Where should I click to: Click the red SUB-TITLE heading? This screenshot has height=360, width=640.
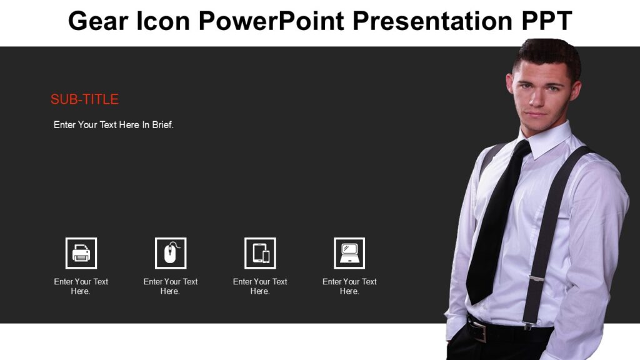[x=84, y=99]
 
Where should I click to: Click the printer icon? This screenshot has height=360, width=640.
[x=81, y=253]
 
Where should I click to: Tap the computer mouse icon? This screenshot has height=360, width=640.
[x=171, y=253]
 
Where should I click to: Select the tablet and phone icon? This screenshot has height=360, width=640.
[x=260, y=253]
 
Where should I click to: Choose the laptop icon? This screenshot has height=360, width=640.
[x=349, y=253]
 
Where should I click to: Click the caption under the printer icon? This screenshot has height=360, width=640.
[x=81, y=286]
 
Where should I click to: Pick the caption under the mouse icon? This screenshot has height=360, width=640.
[x=171, y=286]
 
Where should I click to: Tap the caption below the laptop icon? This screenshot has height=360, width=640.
[x=349, y=286]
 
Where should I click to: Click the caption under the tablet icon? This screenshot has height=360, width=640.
[x=260, y=286]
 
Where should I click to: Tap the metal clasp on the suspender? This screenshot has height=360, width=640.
[x=536, y=278]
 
